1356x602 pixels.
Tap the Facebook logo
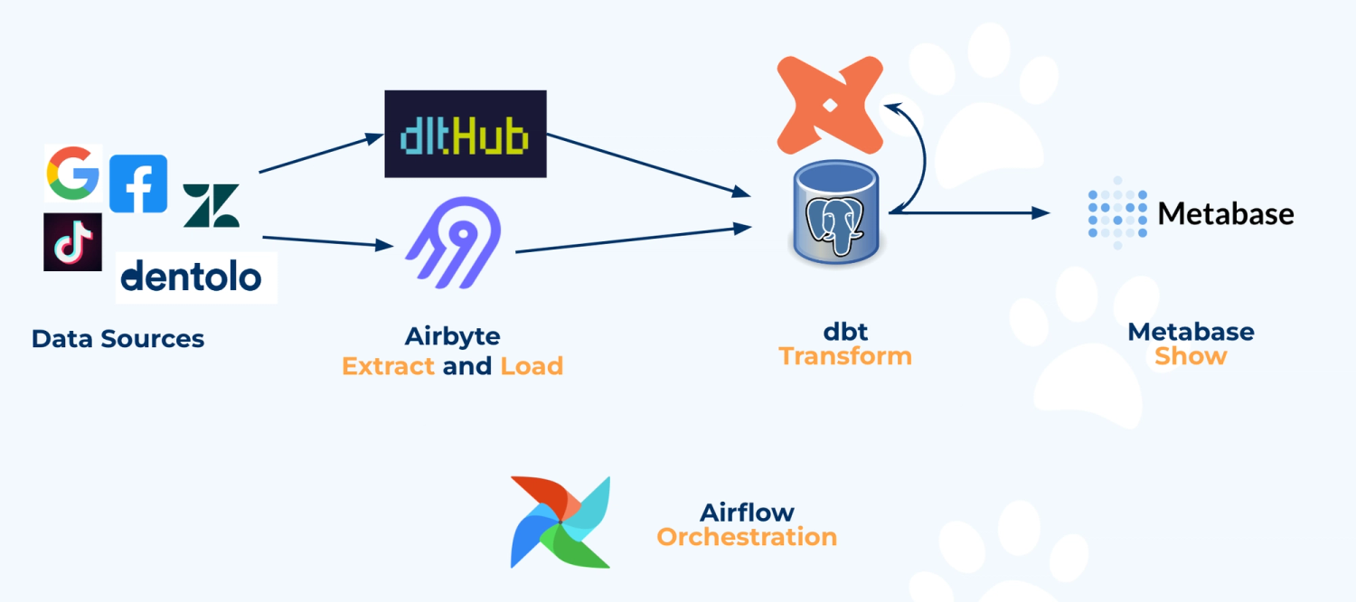[138, 183]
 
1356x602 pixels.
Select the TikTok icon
[73, 242]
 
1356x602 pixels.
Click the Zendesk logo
[212, 205]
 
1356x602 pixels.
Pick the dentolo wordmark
[191, 276]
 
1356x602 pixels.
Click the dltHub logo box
[466, 134]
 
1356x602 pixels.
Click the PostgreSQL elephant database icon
[838, 215]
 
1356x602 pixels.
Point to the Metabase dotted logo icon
[1117, 213]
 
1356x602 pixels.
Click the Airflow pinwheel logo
[560, 522]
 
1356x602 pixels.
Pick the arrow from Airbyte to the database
[633, 240]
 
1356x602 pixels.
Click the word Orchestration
[747, 537]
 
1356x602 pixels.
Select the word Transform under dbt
[845, 356]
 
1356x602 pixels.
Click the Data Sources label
[118, 339]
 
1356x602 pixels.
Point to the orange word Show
[1191, 356]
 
